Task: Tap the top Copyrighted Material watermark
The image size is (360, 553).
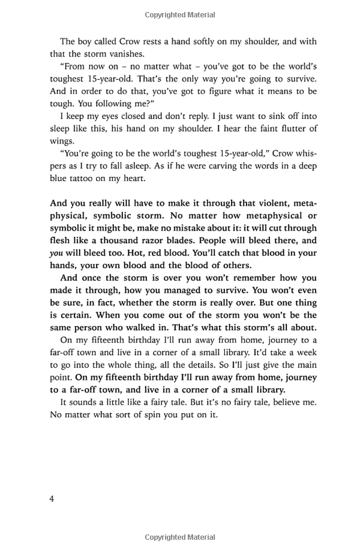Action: (x=179, y=13)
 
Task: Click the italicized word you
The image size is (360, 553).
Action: (x=56, y=253)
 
